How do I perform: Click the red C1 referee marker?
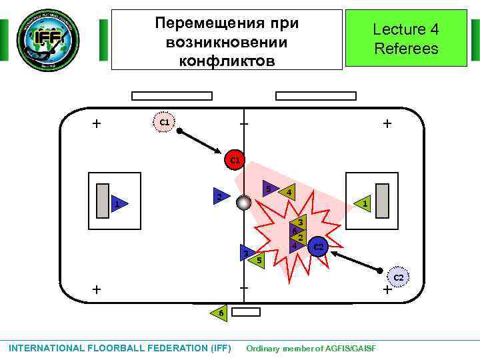pyautogui.click(x=235, y=160)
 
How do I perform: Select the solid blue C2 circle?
pyautogui.click(x=319, y=247)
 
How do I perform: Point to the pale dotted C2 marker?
pyautogui.click(x=398, y=277)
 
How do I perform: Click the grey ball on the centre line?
pyautogui.click(x=244, y=202)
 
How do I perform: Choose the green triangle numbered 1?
pyautogui.click(x=363, y=203)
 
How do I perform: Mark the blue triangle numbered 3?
pyautogui.click(x=247, y=253)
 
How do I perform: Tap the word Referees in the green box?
pyautogui.click(x=406, y=49)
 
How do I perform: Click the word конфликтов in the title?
pyautogui.click(x=227, y=61)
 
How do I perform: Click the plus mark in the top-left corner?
pyautogui.click(x=97, y=123)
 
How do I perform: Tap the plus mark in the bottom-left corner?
pyautogui.click(x=97, y=289)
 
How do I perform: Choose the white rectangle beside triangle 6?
pyautogui.click(x=247, y=312)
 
